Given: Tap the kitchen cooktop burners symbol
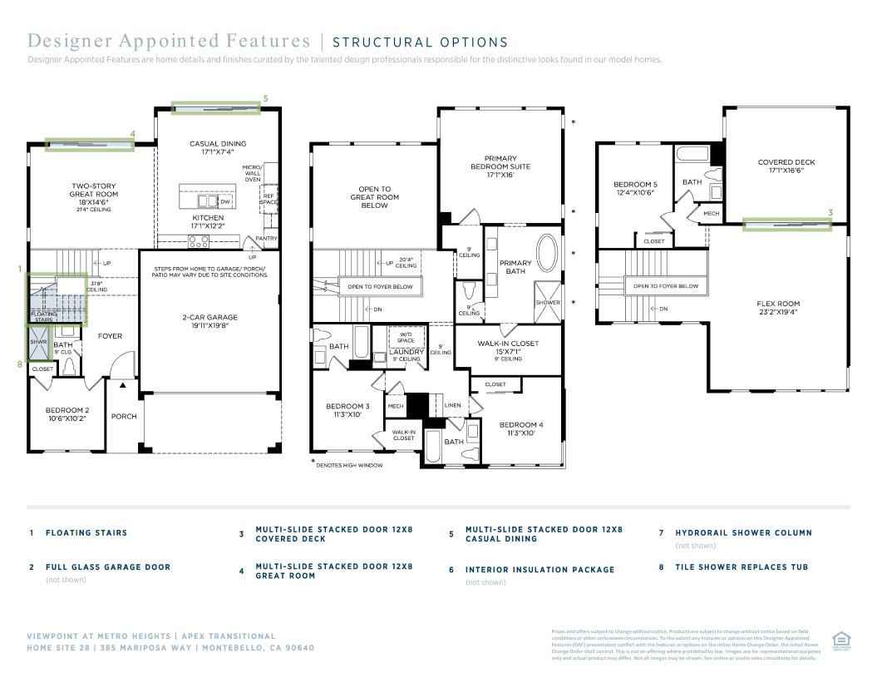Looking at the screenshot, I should pos(198,241).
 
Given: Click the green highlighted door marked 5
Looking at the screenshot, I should pos(216,107).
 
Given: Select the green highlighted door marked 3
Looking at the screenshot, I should pos(786,224).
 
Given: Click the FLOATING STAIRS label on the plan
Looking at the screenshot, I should pos(44,317).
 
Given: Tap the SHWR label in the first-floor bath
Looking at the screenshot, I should pos(38,342).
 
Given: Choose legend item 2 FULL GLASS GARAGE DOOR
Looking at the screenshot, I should pos(108,567).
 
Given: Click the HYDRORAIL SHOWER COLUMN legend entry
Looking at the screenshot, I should pos(743,532).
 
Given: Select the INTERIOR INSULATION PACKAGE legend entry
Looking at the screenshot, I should pos(540,570).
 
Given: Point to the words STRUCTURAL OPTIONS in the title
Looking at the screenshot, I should pos(420,42).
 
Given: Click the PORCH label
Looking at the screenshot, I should pos(124,417).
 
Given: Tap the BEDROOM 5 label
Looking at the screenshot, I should pos(635,188).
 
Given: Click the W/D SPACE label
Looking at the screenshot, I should pos(406,337).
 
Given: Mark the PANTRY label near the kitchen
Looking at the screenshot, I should pos(266,239).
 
